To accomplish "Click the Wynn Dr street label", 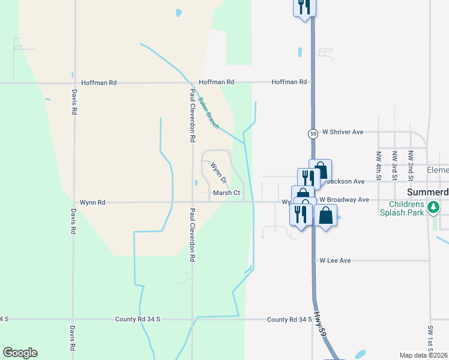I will (218, 172).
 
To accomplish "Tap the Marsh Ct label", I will (227, 193).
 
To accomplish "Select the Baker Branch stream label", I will (209, 113).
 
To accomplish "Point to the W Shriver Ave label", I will (343, 132).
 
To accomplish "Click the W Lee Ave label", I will (335, 261).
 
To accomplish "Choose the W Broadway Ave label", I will (344, 199).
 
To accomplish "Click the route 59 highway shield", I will (313, 133).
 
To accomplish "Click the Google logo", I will (20, 353).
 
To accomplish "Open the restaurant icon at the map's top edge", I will (305, 6).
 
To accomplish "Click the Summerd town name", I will (427, 193).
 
